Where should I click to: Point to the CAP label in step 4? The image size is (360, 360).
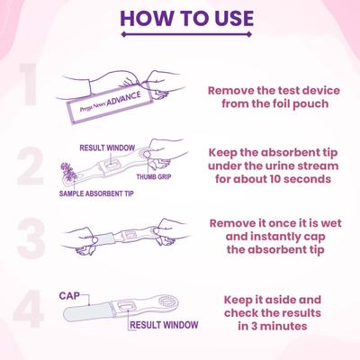pos(70,294)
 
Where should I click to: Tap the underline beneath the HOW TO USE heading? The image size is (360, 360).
pos(186,36)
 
